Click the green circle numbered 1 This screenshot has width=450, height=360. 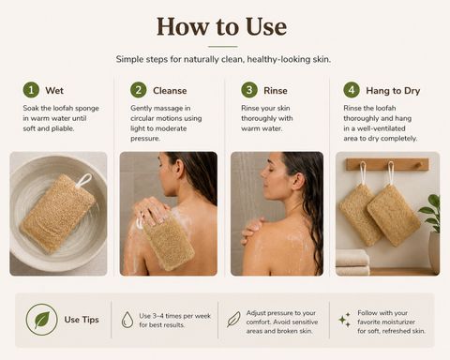pos(31,90)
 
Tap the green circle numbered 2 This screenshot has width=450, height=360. pos(139,90)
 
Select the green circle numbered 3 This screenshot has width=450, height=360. pos(249,90)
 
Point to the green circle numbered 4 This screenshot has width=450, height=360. pos(352,90)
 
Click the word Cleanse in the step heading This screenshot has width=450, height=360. pos(170,91)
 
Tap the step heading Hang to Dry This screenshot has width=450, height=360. pos(393,91)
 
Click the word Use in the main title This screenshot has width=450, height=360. pos(265,27)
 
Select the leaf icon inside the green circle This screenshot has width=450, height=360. pos(42,320)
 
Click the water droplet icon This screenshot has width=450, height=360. pos(127,320)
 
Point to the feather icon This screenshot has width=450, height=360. pos(233,319)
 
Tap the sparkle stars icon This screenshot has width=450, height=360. pos(345,320)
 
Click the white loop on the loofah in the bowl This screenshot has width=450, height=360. pos(83,180)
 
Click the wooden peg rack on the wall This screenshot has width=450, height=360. pos(387,164)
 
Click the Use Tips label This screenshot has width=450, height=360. pos(82,320)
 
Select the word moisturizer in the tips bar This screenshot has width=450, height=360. pos(397,322)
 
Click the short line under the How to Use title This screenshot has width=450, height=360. pos(223,47)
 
